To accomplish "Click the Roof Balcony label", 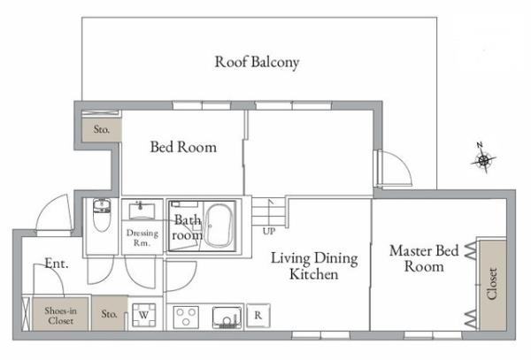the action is (x=257, y=63).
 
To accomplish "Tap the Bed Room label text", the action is (x=183, y=147).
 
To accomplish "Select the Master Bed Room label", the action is (x=424, y=258).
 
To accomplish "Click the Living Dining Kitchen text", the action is (x=314, y=266).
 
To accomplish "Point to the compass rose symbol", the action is (x=483, y=159).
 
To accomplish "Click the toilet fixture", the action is (x=102, y=215).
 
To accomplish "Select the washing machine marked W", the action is (x=144, y=315).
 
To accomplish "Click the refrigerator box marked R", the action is (x=258, y=316).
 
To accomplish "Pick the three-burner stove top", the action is (x=186, y=317).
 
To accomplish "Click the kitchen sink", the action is (x=227, y=318).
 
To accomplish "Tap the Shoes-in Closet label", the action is (x=60, y=316).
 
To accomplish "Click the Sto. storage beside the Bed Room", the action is (x=102, y=130).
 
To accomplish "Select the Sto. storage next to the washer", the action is (x=110, y=314).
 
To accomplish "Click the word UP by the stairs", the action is (x=269, y=232).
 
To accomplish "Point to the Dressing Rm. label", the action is (x=142, y=238).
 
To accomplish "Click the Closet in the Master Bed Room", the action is (x=493, y=284).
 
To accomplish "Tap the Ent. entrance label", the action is (x=57, y=264).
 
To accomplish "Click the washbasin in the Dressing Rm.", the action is (x=142, y=211).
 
